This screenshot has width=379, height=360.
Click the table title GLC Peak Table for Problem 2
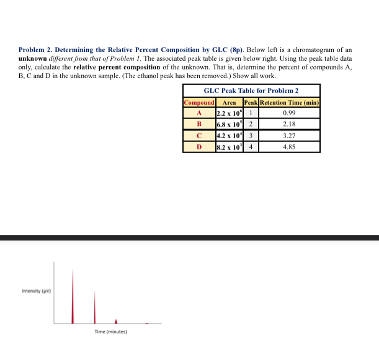tap(251, 90)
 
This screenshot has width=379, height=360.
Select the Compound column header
tap(199, 102)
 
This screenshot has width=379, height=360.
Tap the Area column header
tap(229, 102)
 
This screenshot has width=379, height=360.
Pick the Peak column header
tap(251, 102)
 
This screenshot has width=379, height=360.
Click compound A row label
tap(199, 113)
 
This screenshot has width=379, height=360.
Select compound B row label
tap(199, 125)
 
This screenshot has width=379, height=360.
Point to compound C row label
tap(199, 136)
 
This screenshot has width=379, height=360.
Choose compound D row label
tap(199, 147)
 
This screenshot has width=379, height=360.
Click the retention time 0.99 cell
tap(288, 113)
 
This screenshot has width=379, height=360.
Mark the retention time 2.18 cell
tap(288, 125)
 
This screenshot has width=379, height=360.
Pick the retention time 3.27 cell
tap(288, 136)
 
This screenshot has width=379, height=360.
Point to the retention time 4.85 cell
tap(288, 147)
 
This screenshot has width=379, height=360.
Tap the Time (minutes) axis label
tap(110, 331)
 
